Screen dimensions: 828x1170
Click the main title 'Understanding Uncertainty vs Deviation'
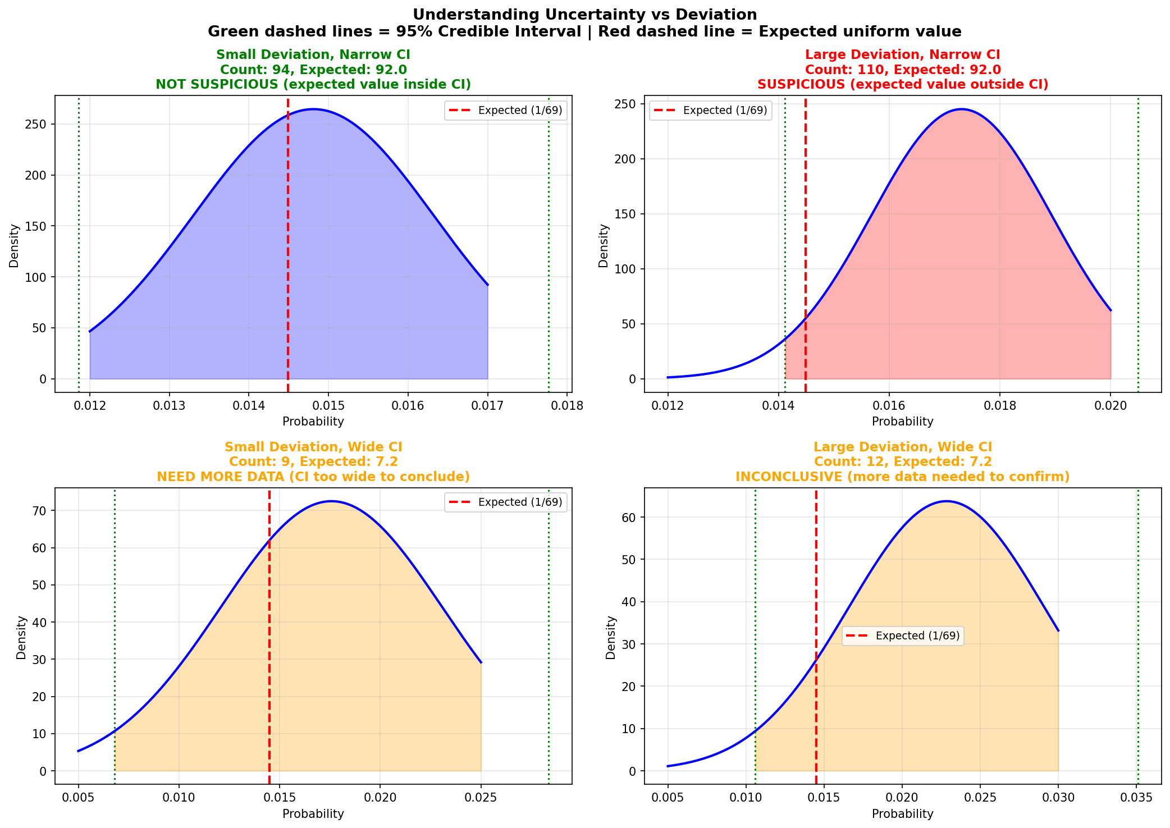click(x=584, y=15)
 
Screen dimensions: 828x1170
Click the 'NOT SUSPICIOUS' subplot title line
click(x=313, y=84)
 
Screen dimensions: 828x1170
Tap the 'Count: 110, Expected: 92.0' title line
click(x=903, y=70)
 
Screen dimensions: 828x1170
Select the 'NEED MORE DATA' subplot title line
click(x=313, y=477)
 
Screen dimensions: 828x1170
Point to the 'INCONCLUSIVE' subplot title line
click(x=903, y=477)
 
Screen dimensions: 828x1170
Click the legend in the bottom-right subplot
click(x=903, y=635)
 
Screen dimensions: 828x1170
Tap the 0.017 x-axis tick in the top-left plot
click(x=488, y=405)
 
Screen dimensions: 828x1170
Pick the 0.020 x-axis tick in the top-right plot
click(x=1110, y=405)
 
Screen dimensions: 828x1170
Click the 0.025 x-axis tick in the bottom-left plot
click(x=481, y=798)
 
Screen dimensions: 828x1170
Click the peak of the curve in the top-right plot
click(x=961, y=109)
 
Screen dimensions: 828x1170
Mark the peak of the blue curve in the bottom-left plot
click(x=332, y=501)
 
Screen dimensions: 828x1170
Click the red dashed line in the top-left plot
click(x=288, y=253)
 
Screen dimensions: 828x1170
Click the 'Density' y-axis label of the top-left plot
click(x=14, y=245)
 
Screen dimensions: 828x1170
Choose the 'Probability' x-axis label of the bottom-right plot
click(x=903, y=813)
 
